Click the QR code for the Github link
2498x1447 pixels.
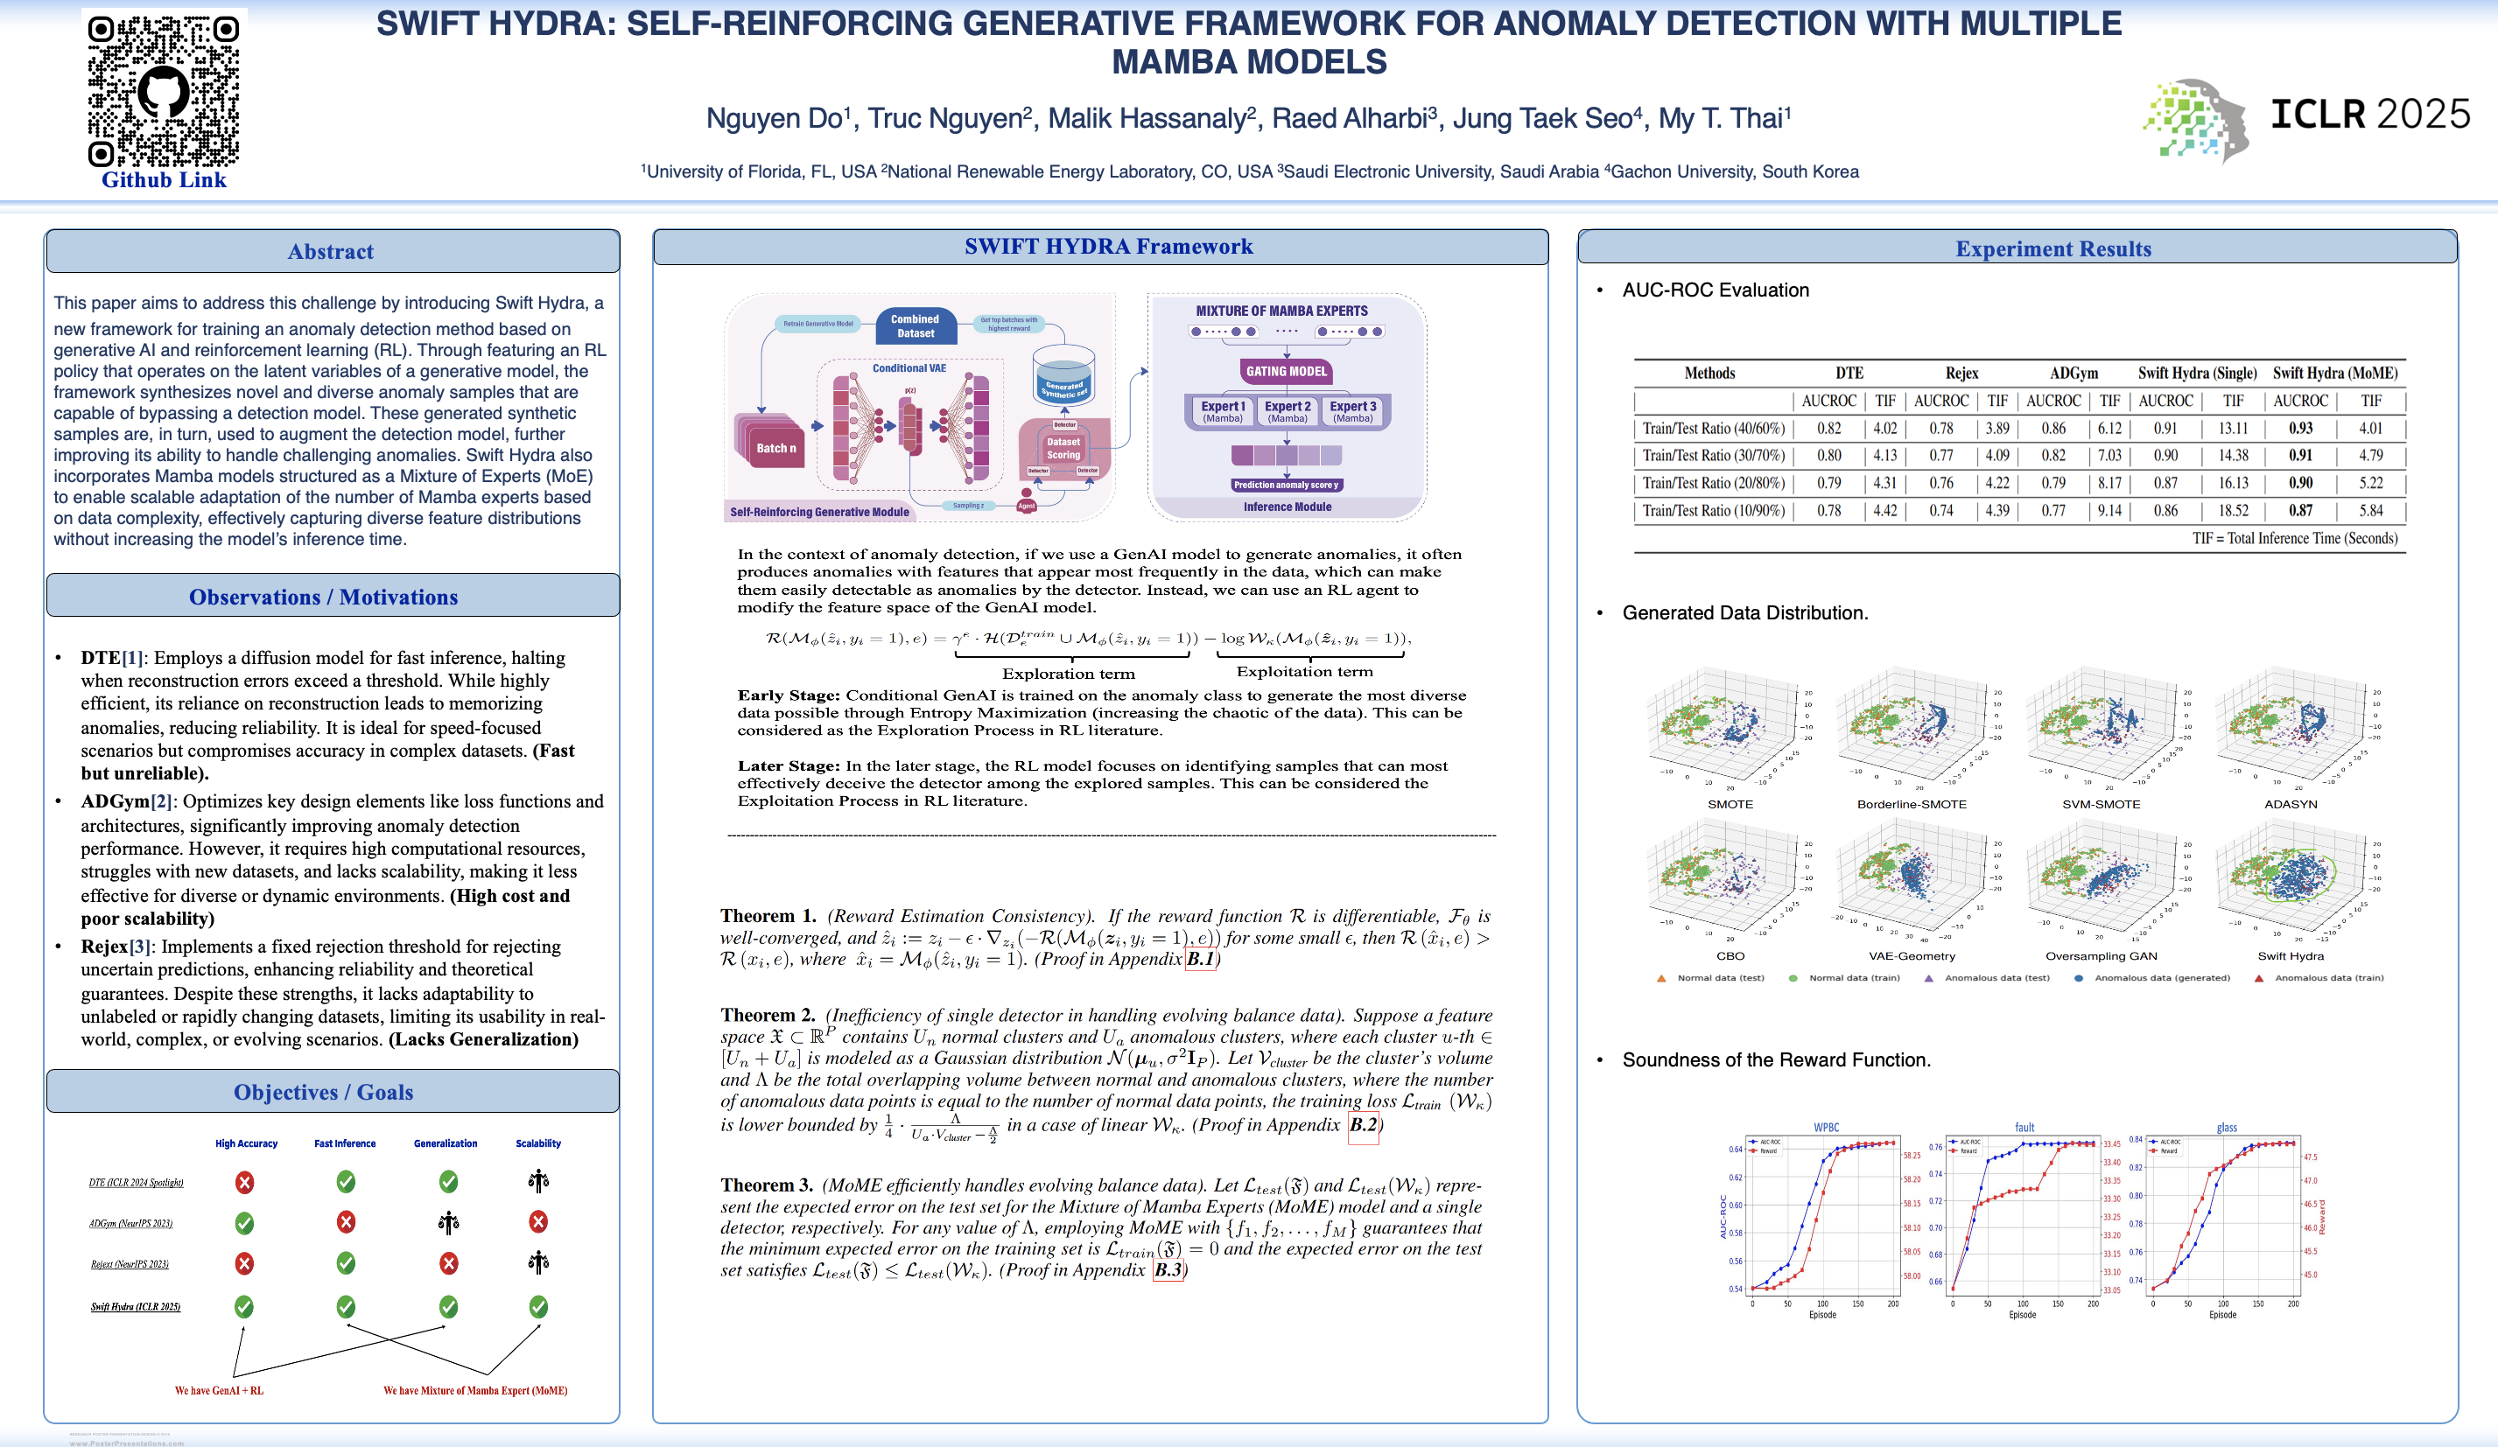[164, 90]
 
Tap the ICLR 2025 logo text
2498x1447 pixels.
[2369, 114]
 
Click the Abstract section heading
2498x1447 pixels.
[330, 252]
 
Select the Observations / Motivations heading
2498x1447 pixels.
[323, 597]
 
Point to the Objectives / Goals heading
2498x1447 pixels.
[323, 1091]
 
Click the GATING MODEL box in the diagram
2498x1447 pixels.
[1286, 372]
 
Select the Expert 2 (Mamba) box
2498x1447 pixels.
[1287, 411]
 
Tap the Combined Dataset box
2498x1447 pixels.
[915, 326]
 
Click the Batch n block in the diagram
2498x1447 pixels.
[775, 448]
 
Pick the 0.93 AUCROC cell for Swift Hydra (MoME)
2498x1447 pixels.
[2299, 428]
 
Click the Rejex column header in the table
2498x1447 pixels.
[1961, 373]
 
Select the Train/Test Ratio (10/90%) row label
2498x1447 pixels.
[1713, 510]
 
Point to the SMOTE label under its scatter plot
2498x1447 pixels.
[1730, 804]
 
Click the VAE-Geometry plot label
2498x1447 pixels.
[1912, 955]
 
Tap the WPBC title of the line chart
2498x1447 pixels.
[1826, 1127]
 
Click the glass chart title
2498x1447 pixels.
[2227, 1127]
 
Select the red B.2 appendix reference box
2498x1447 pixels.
[1363, 1124]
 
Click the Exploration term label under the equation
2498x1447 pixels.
[1068, 674]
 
